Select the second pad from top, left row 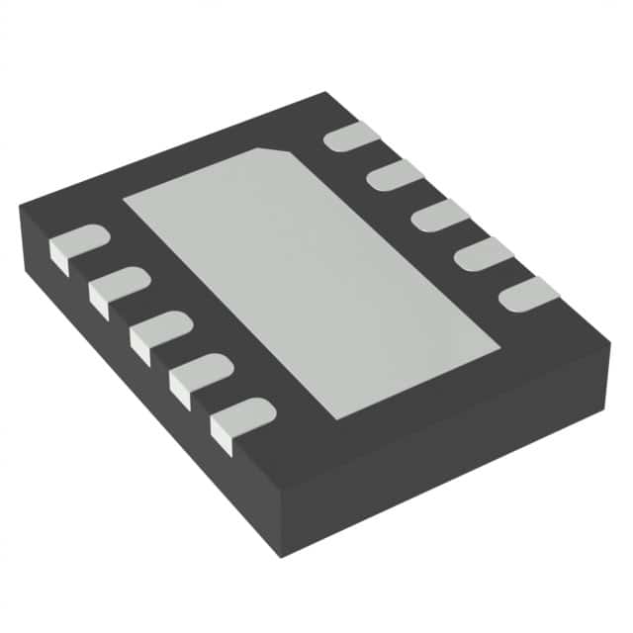click(118, 286)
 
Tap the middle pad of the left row click(158, 330)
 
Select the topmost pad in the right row click(351, 136)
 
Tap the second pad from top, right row click(394, 175)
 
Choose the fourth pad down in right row click(483, 254)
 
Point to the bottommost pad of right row click(528, 292)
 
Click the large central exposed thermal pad click(307, 277)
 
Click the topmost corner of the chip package click(326, 93)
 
